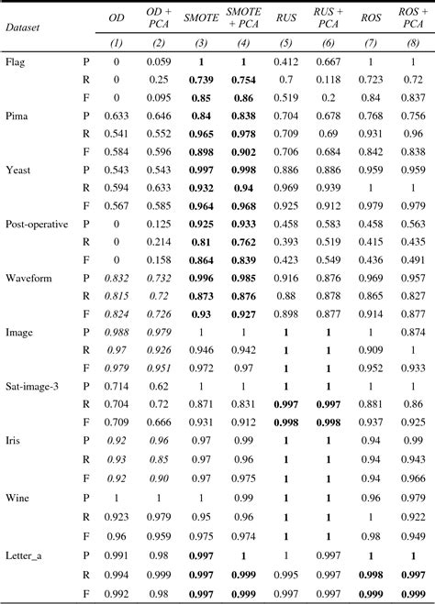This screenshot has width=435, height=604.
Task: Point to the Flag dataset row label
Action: tap(16, 63)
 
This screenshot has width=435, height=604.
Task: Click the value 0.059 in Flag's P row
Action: tap(159, 63)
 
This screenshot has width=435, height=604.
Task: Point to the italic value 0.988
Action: tap(116, 333)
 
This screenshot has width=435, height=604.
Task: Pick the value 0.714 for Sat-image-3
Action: tap(116, 387)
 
